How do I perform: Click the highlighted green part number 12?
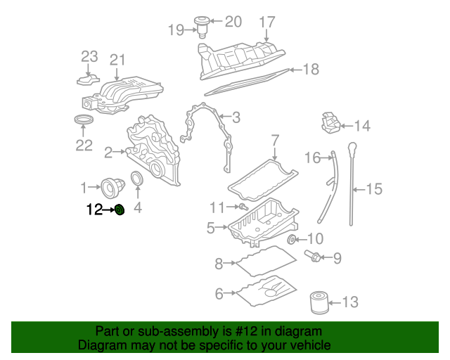click(x=120, y=209)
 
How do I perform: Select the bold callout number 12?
click(x=94, y=209)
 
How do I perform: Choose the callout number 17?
click(x=267, y=22)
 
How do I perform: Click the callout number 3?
click(x=236, y=117)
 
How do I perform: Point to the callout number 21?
click(x=117, y=60)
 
